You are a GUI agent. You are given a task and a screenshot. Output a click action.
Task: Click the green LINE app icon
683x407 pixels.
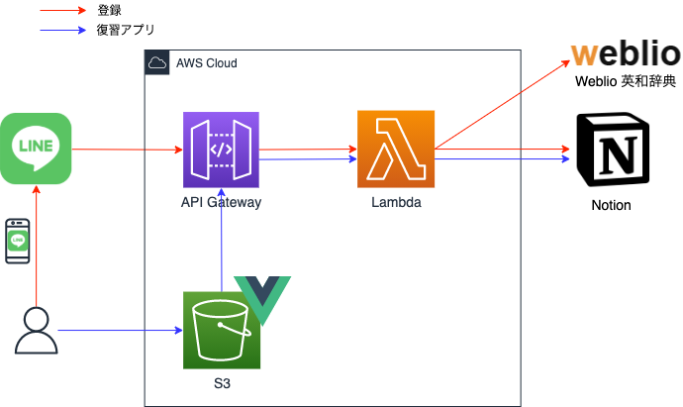tap(36, 149)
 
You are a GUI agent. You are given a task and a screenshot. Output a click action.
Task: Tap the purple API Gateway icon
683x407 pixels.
tap(221, 150)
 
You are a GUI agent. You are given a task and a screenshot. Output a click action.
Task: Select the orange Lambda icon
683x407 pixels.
tap(396, 149)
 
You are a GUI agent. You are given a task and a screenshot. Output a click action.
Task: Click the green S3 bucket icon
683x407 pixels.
tap(222, 330)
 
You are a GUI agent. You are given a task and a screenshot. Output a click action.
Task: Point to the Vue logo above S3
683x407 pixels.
tap(263, 301)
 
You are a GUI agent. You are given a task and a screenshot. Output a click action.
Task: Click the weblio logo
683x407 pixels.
tap(624, 54)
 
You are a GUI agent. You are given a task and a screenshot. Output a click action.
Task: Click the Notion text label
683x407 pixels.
tap(611, 206)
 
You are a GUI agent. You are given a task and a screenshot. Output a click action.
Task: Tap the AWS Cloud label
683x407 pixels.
tap(206, 62)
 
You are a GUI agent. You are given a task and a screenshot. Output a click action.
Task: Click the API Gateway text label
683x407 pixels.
tap(221, 202)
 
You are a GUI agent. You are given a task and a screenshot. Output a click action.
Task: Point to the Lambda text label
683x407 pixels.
tap(396, 202)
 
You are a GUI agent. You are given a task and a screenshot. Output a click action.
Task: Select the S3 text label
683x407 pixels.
tap(222, 382)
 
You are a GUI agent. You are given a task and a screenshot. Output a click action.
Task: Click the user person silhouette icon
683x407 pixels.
tap(36, 331)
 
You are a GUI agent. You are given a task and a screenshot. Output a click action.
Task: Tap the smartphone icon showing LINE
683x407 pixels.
tap(17, 241)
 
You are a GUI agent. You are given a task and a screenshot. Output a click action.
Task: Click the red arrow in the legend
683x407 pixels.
tap(63, 11)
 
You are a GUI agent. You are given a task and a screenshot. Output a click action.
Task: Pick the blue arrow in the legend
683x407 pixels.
tap(63, 30)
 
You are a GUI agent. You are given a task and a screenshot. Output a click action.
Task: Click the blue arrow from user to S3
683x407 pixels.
tap(119, 330)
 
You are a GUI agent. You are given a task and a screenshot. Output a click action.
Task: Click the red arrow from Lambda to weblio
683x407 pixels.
tap(503, 105)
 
